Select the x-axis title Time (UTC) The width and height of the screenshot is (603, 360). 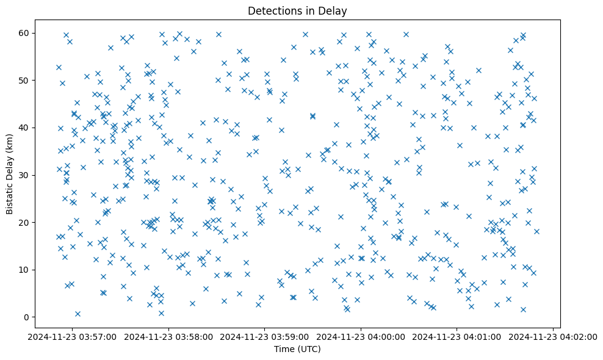[297, 350]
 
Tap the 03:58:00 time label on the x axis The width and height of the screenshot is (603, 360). [169, 336]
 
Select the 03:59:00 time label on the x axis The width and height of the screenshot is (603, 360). [265, 336]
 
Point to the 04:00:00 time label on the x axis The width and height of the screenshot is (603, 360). [361, 336]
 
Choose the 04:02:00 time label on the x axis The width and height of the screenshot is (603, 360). [552, 336]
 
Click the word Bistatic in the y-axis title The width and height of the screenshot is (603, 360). [10, 195]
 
